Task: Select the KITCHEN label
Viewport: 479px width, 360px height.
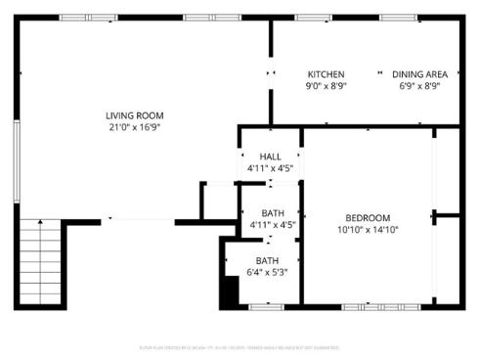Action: click(326, 74)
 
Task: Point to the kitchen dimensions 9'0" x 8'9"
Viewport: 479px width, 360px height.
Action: click(326, 86)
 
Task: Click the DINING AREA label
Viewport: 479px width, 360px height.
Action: click(419, 74)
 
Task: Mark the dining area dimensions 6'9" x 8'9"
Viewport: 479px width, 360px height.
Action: click(419, 86)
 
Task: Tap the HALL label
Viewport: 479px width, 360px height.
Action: click(271, 157)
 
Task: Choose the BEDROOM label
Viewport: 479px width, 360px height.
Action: click(368, 217)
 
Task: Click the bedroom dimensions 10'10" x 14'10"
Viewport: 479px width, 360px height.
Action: click(368, 230)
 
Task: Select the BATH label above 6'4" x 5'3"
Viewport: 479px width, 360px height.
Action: click(267, 260)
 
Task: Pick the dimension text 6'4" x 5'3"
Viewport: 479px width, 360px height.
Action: click(267, 273)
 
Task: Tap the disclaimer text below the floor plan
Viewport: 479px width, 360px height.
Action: click(239, 347)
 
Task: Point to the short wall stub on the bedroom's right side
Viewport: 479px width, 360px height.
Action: click(447, 214)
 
